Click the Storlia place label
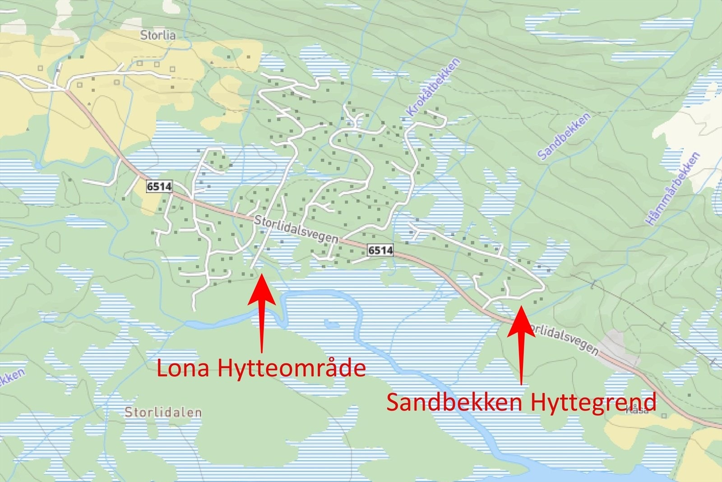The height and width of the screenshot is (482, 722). pos(157,35)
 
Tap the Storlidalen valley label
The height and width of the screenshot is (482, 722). pos(163,412)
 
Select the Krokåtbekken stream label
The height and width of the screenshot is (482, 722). pos(433,87)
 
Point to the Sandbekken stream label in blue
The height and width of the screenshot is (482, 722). pos(564,136)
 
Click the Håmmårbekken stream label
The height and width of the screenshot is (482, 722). pos(672,189)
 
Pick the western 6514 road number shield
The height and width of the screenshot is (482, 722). pos(159,186)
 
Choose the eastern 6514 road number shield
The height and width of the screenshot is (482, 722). pos(380,250)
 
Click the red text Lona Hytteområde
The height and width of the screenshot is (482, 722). pos(261,368)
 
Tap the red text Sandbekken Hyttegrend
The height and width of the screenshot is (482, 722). pos(521,402)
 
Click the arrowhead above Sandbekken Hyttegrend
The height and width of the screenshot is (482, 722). pos(521,308)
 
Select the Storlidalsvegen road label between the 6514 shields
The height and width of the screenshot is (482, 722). pos(296,229)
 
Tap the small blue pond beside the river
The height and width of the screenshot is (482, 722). pos(332,324)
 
